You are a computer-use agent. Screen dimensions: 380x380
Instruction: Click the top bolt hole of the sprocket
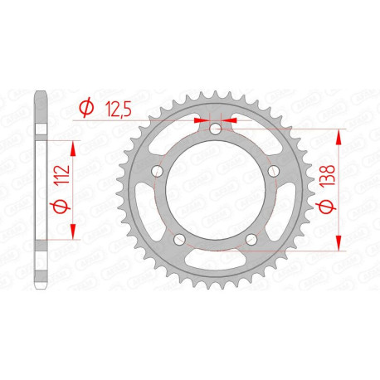click(214, 129)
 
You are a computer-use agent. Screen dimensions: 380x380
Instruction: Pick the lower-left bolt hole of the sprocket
click(178, 239)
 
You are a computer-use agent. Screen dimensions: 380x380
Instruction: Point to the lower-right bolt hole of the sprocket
click(250, 239)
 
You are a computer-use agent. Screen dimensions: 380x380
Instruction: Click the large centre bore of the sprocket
click(214, 192)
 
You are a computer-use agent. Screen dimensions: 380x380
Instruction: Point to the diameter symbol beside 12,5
click(85, 107)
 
